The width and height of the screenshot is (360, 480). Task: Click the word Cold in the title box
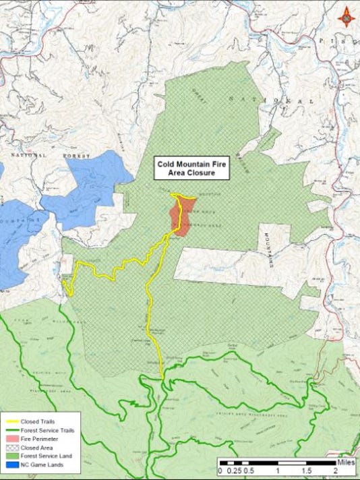(x=168, y=164)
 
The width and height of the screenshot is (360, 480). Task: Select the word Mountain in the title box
(x=196, y=164)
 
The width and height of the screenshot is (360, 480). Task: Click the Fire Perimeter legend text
(x=38, y=438)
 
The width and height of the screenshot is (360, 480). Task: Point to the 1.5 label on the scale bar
(x=306, y=471)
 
